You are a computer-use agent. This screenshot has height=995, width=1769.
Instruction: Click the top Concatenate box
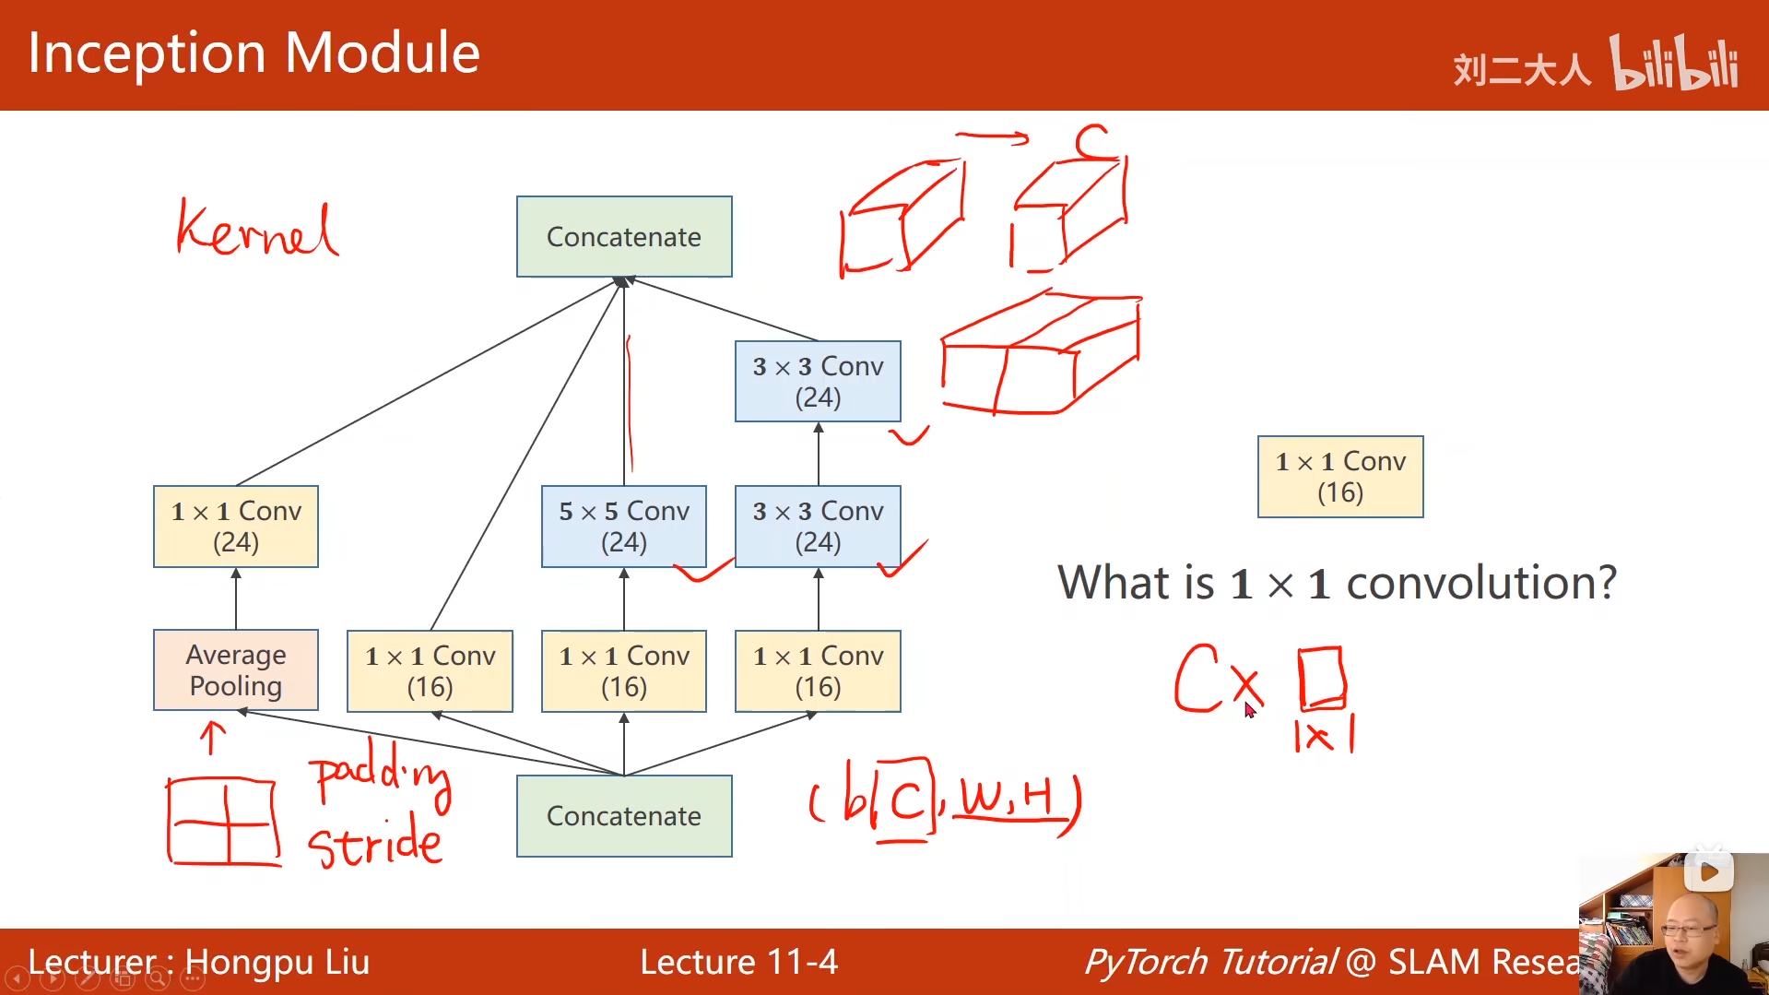click(624, 237)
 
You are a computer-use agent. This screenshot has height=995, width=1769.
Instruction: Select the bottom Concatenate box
click(624, 816)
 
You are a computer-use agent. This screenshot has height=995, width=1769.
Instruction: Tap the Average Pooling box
click(236, 670)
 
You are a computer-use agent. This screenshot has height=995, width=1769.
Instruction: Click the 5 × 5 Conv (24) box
click(624, 527)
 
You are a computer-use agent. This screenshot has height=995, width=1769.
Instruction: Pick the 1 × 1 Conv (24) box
click(236, 527)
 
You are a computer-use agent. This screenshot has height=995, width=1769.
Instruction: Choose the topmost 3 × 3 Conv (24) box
click(818, 382)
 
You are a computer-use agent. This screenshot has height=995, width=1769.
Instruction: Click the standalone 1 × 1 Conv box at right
click(1340, 477)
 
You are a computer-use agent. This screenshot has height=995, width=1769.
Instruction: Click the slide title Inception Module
click(254, 53)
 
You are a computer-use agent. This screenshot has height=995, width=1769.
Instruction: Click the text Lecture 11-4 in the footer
click(738, 962)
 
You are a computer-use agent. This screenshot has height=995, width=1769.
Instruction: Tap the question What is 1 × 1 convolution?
click(1337, 583)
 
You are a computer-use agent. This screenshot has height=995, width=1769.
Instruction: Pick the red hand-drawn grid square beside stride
click(224, 821)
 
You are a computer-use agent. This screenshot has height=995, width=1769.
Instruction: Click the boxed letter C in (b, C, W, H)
click(905, 799)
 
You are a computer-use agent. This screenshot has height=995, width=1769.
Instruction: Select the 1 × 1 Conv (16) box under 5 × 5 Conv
click(624, 671)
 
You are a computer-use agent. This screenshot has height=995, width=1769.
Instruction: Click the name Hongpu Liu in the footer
click(277, 962)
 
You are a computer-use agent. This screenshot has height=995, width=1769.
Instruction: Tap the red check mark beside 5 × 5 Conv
click(702, 572)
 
